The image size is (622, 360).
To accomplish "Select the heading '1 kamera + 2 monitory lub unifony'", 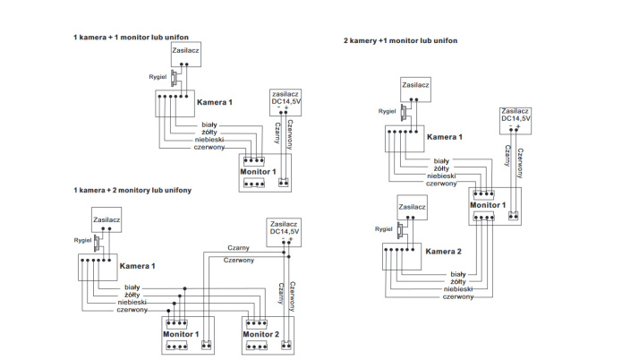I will pos(132,190).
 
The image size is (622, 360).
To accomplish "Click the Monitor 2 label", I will pos(264,334).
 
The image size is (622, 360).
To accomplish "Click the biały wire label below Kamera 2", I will pos(457,273).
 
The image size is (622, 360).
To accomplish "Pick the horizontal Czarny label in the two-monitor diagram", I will pos(238,247).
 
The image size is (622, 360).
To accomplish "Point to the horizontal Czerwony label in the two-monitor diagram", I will pos(237,260).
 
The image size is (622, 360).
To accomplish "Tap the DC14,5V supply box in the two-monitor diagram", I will pos(285,230).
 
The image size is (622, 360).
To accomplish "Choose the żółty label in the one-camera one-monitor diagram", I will pos(211,133).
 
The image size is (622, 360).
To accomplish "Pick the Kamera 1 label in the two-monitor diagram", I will pos(138,266).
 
